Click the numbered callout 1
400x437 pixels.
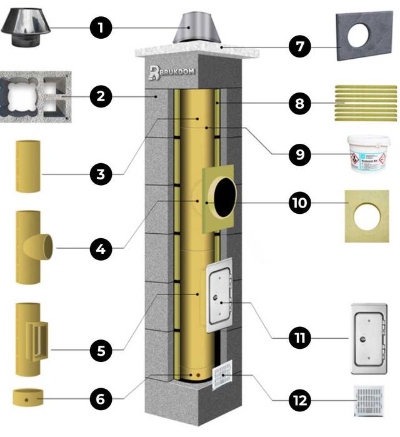(101, 28)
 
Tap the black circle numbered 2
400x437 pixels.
(101, 97)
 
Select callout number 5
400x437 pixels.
(101, 350)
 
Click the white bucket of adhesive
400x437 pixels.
(367, 156)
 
